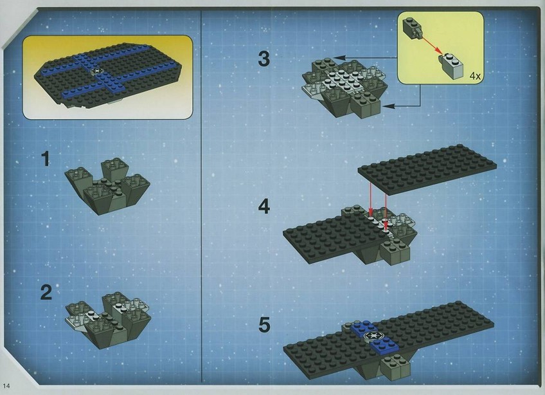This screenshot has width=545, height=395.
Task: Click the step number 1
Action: tap(46, 160)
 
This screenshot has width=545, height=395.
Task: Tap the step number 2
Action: tap(46, 292)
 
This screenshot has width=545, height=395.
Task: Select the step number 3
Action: tap(264, 59)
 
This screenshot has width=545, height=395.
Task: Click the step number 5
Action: tap(264, 325)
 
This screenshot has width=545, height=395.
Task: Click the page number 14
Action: tap(6, 385)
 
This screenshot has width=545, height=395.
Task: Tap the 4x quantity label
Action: tap(475, 76)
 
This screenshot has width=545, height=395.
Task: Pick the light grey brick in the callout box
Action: tap(451, 66)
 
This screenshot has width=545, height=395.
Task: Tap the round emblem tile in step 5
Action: tap(370, 336)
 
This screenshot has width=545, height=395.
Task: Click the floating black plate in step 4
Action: tap(427, 169)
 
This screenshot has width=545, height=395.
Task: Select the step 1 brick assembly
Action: tap(107, 186)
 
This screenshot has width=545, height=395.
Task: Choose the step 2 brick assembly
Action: tap(108, 320)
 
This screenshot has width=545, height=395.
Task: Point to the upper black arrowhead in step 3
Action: tap(340, 58)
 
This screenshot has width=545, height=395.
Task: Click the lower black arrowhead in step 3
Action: tap(388, 106)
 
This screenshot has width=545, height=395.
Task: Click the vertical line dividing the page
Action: tap(202, 197)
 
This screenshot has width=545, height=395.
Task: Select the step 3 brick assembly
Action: tap(344, 88)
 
